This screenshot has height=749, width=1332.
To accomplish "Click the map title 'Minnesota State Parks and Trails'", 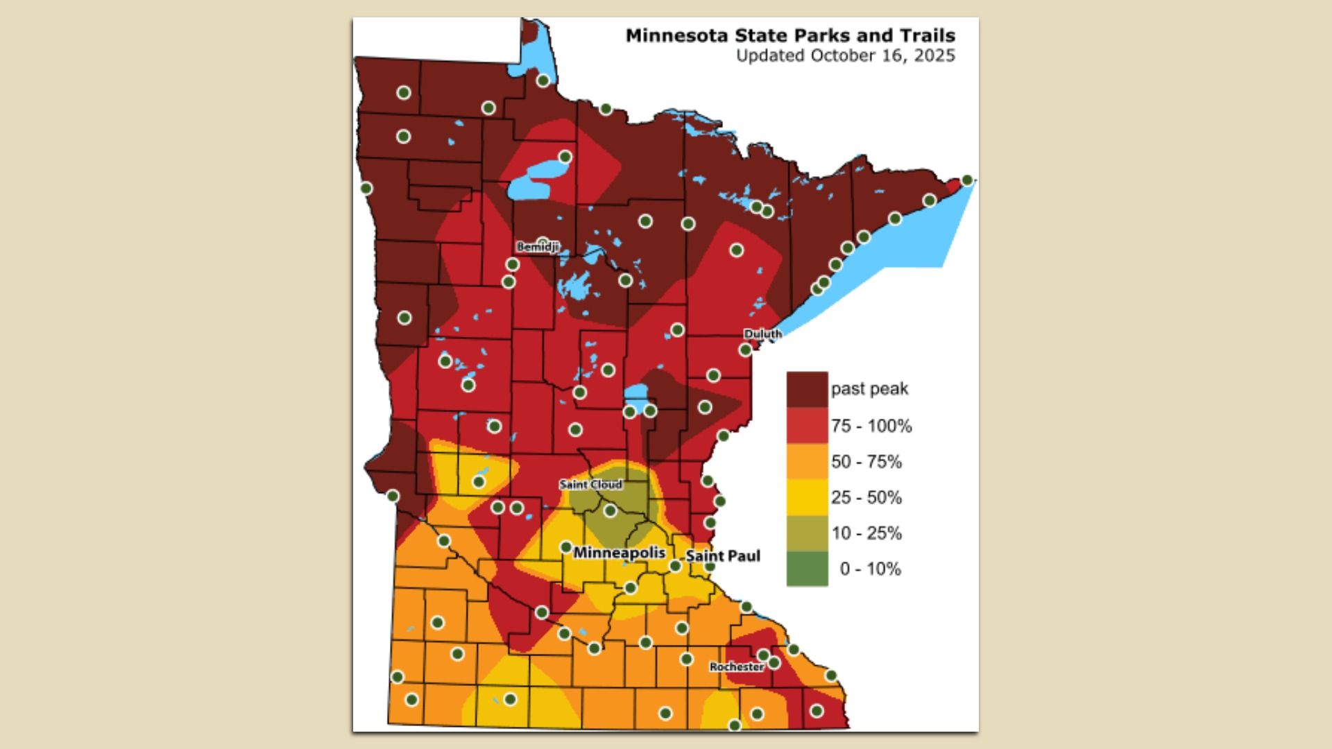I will [789, 35].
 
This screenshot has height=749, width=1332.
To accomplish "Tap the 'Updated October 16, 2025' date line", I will [845, 55].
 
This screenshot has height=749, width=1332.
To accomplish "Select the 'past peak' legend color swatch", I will [807, 389].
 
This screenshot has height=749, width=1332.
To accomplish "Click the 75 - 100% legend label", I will [871, 426].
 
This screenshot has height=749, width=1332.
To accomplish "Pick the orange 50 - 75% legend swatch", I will [807, 461].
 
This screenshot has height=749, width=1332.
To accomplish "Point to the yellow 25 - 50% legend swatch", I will [807, 497].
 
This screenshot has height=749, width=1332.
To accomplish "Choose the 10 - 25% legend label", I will [866, 533].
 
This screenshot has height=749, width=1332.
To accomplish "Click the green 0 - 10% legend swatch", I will [807, 569].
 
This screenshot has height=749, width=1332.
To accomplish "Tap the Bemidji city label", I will [537, 247].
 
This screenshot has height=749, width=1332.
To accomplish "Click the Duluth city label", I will [762, 334].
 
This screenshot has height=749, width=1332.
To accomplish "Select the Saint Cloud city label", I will [590, 484].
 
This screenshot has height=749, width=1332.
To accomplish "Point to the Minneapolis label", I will [619, 553].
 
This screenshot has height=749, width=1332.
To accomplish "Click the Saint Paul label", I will [723, 556].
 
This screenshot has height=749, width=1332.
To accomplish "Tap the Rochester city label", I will [736, 666].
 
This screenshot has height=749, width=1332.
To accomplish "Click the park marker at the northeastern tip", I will [967, 180].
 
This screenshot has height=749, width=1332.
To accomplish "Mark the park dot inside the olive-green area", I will [610, 511].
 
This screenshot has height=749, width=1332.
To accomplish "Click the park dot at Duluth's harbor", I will [745, 350].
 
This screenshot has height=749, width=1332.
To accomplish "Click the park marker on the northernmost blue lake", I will [543, 80].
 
